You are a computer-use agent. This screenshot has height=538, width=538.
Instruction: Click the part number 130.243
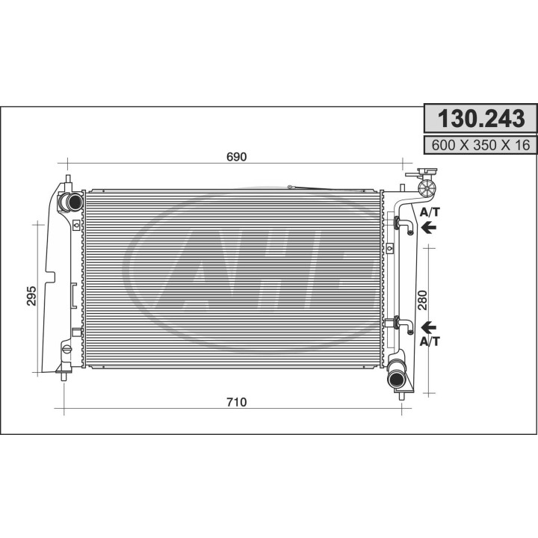tap(480, 118)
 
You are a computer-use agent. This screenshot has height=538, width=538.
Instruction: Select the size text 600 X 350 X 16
tap(480, 145)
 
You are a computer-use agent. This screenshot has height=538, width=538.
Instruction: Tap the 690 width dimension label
tap(237, 157)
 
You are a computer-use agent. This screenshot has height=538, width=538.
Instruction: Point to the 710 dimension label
tap(237, 402)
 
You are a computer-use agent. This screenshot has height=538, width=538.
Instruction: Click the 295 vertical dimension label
tap(31, 295)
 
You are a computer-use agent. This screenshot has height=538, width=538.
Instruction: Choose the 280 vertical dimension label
tap(423, 300)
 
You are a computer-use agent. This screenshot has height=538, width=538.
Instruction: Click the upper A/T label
tap(430, 212)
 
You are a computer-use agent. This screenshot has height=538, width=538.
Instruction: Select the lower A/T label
tap(430, 341)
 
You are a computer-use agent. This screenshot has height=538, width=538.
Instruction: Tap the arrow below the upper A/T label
tap(429, 227)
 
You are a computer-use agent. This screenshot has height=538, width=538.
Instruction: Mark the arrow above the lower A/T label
tap(429, 327)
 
